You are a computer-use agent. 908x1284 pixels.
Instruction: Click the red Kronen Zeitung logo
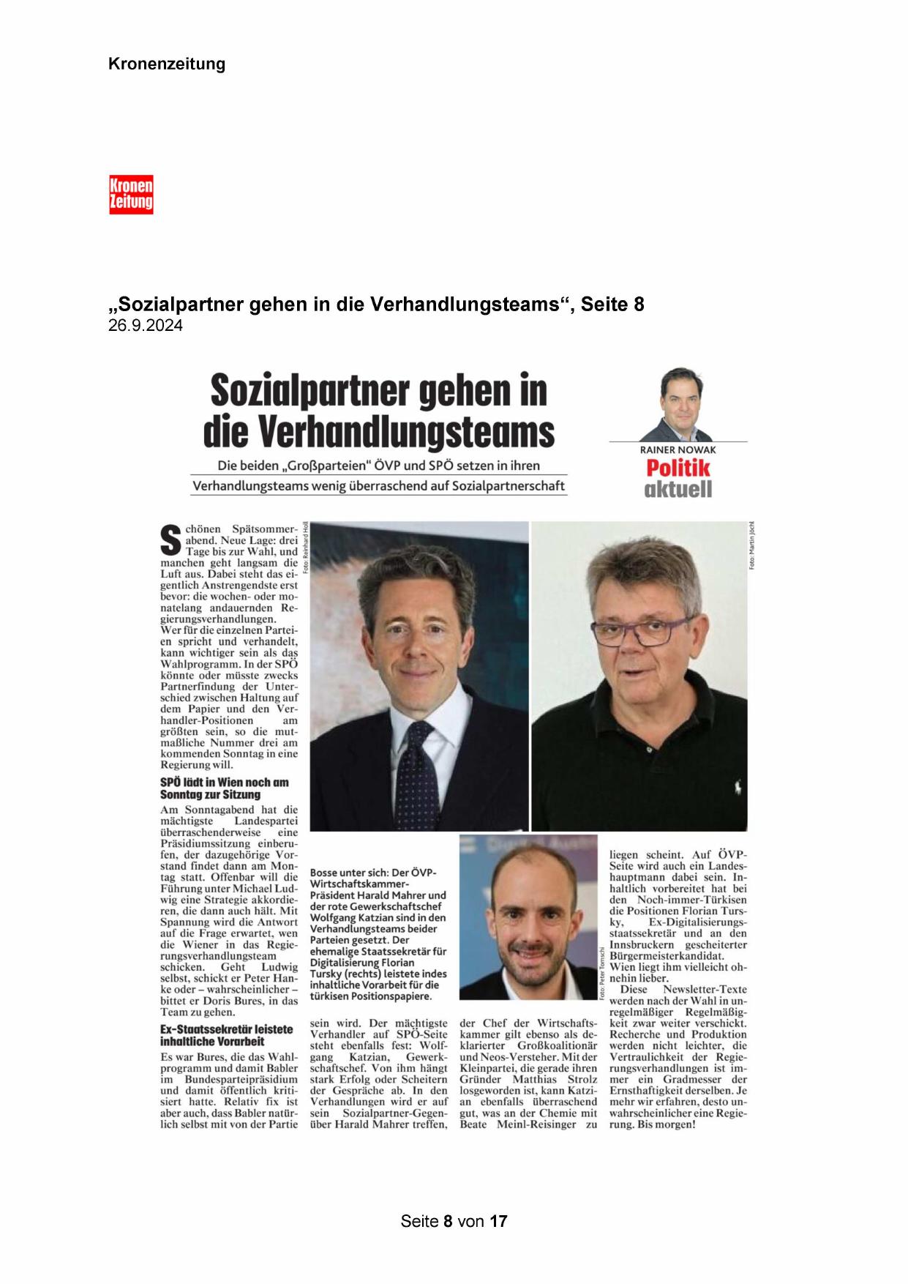coord(131,194)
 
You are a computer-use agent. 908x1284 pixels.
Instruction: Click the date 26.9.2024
coord(146,326)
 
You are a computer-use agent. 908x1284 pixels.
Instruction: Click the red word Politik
coord(678,469)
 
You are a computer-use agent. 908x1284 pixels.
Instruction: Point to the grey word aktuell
coord(678,489)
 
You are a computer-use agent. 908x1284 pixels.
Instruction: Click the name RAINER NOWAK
coord(678,449)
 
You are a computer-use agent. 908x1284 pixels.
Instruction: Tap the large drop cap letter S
coord(170,541)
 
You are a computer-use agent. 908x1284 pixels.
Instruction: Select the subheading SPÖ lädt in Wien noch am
coord(225,782)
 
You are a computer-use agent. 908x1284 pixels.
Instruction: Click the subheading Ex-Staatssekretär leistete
coord(226,1029)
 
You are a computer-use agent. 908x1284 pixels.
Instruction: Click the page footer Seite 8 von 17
coord(454,1221)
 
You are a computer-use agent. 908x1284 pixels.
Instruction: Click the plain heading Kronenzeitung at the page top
coord(167,64)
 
